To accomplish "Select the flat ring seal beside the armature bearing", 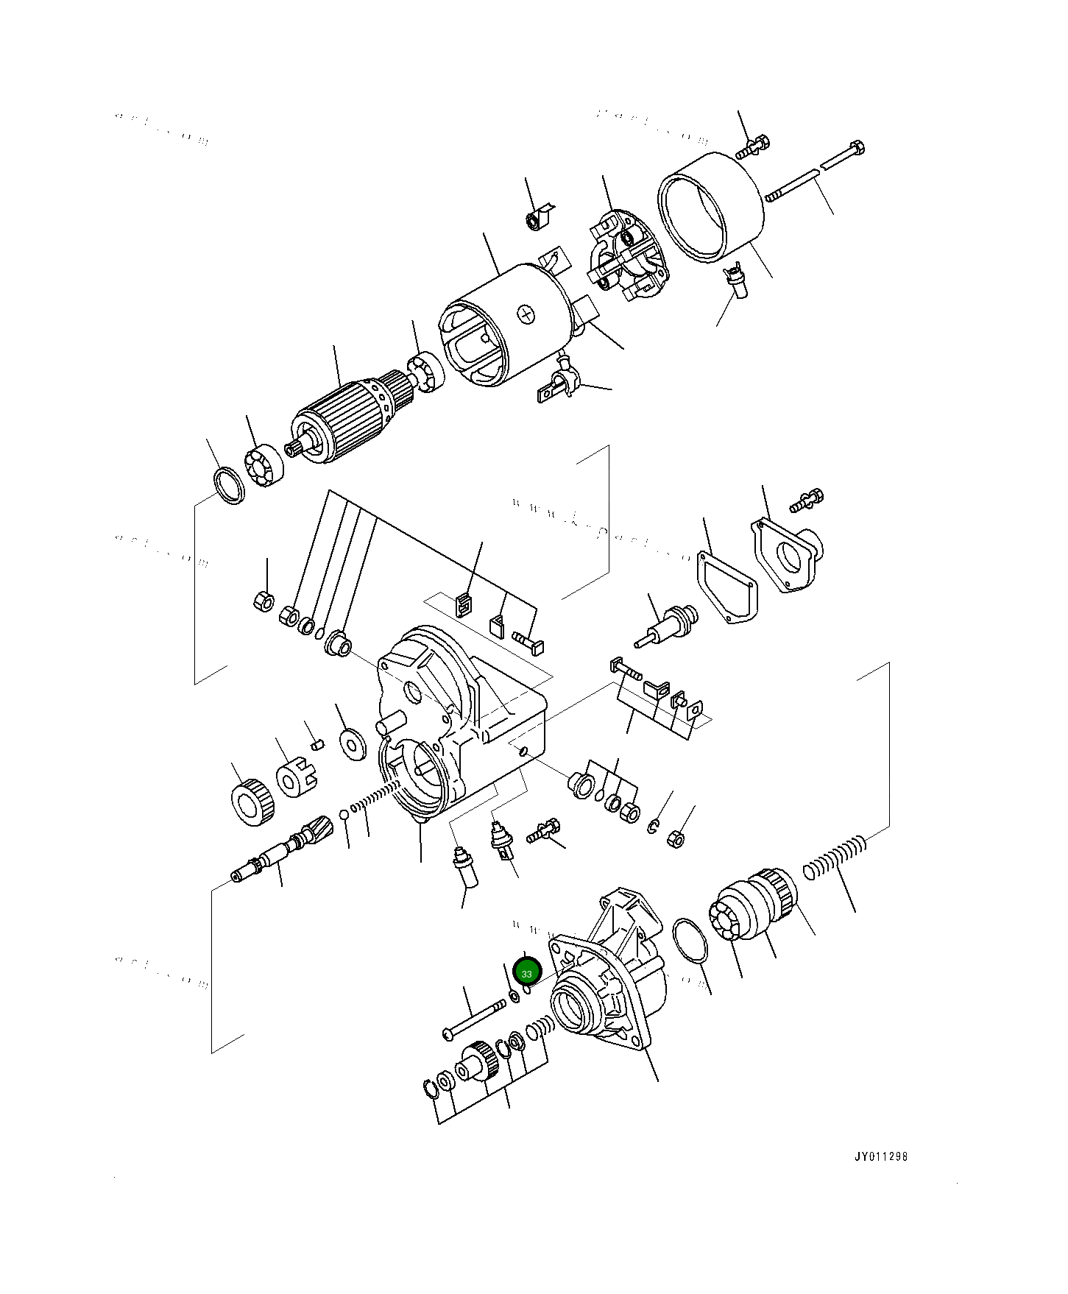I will (228, 485).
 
